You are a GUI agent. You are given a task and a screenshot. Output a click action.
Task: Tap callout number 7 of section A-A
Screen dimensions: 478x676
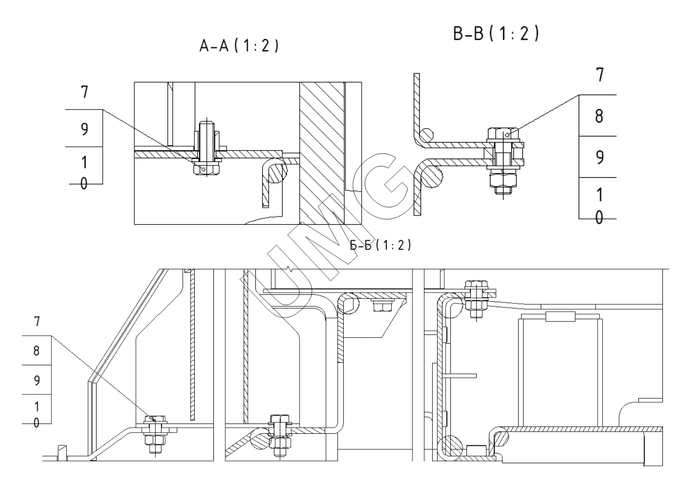85,92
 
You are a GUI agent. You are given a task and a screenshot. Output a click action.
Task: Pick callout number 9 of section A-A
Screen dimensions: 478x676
85,128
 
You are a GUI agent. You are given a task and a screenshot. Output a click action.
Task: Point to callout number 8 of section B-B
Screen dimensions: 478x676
598,116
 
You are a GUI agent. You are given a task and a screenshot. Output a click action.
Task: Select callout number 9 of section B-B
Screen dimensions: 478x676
598,157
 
